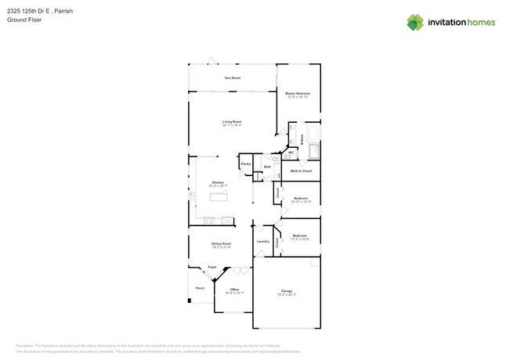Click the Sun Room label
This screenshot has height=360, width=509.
click(x=232, y=77)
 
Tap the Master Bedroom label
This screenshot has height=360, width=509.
click(x=298, y=93)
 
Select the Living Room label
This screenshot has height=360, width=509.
click(x=232, y=121)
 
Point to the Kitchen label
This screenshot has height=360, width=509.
click(x=218, y=182)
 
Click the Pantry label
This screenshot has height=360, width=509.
click(x=246, y=164)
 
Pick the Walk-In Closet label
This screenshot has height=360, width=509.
click(x=301, y=170)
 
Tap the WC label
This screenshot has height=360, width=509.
click(x=291, y=153)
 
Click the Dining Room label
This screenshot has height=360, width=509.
click(x=221, y=243)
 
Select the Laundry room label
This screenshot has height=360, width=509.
click(x=263, y=241)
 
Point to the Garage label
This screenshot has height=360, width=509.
click(x=287, y=290)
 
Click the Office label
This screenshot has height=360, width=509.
click(x=234, y=289)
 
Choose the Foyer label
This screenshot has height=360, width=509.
click(x=212, y=267)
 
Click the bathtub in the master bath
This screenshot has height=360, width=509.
click(x=314, y=151)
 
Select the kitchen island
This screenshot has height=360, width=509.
click(x=218, y=196)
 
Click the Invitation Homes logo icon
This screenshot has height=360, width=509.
click(x=415, y=22)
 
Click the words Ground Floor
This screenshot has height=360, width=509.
click(x=24, y=20)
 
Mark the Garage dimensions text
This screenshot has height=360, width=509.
click(x=287, y=294)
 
